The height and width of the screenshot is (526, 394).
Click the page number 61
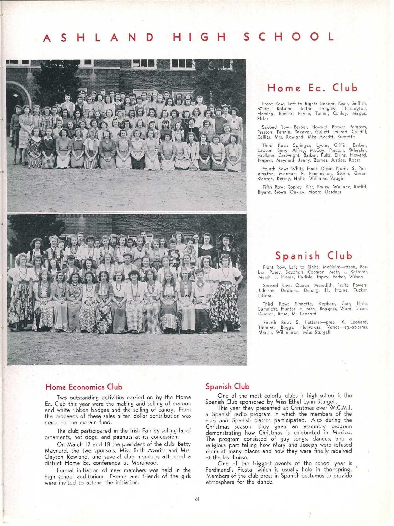(x=197, y=499)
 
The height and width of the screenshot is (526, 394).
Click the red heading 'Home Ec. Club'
(x=313, y=88)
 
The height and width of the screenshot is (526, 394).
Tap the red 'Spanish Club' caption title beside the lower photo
(x=313, y=256)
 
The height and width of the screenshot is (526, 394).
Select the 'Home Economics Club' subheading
(x=84, y=387)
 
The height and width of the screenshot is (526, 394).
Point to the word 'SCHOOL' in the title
(x=289, y=37)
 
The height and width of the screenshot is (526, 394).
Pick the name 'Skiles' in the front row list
(x=263, y=119)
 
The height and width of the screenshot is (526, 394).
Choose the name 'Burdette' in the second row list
(x=346, y=137)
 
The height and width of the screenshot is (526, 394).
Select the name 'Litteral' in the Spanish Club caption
(x=265, y=295)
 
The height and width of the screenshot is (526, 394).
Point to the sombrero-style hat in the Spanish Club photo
(x=226, y=236)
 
